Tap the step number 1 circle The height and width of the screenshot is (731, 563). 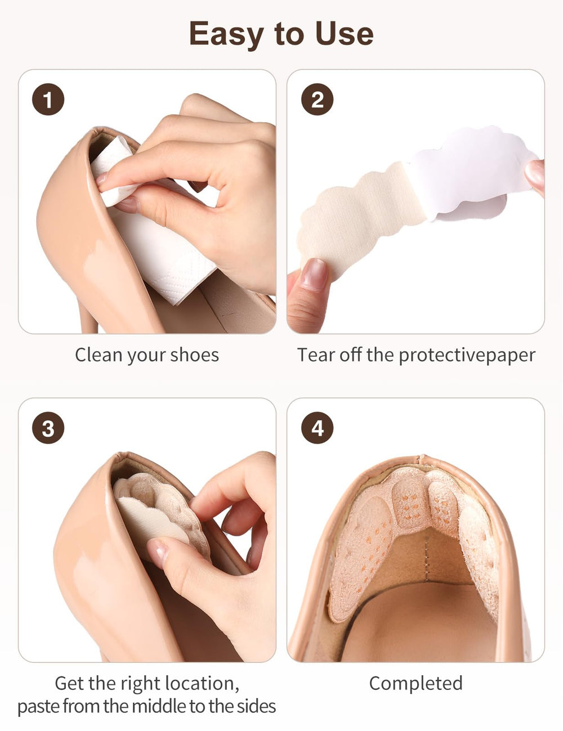[48, 100]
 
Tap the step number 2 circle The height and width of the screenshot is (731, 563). [318, 100]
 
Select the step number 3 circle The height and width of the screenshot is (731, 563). [48, 428]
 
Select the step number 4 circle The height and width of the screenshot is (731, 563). [318, 428]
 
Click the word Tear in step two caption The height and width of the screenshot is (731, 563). [316, 355]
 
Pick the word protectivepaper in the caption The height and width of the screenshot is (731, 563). [467, 356]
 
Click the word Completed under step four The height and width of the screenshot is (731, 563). [416, 684]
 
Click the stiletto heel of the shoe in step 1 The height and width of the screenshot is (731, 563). [88, 315]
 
